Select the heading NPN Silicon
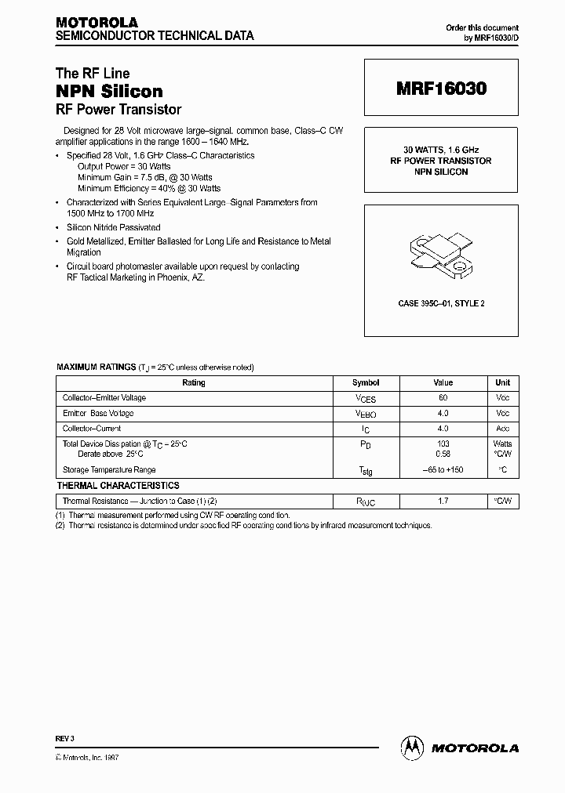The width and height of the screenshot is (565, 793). (x=109, y=92)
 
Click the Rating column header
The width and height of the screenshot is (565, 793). (x=193, y=383)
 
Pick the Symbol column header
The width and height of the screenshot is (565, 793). (x=366, y=383)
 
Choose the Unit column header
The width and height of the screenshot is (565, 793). (x=502, y=383)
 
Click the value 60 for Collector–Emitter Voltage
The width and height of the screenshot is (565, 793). (x=443, y=398)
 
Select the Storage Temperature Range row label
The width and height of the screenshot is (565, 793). (x=109, y=470)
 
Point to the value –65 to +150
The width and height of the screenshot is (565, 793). (x=443, y=470)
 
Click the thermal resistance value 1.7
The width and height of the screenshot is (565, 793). (x=443, y=501)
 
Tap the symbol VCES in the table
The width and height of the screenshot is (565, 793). (x=366, y=399)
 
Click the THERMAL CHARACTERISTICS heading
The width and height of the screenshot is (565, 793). (x=118, y=486)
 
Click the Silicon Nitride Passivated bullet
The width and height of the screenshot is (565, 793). (x=113, y=227)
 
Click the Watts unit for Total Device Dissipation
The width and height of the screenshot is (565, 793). (x=502, y=444)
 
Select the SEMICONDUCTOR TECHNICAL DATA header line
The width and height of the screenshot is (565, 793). (x=153, y=36)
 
